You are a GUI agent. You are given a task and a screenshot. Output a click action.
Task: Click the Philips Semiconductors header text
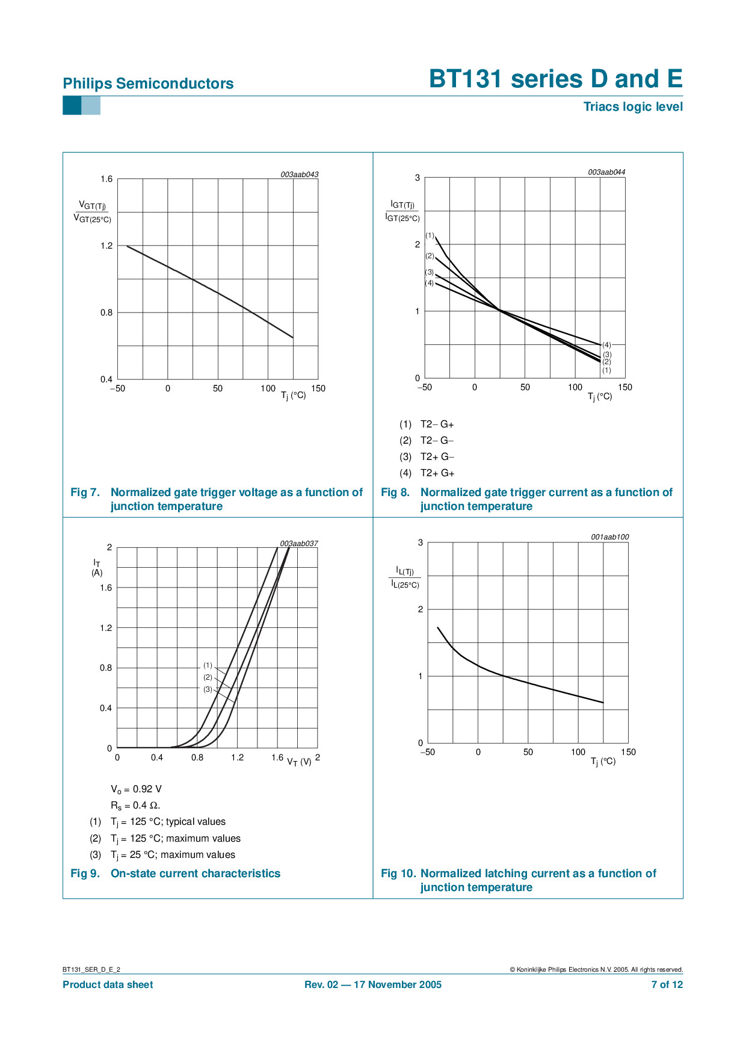point(148,84)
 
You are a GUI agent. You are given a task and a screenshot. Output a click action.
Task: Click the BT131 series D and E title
point(555,79)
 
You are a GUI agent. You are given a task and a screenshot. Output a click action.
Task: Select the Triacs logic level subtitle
point(633,107)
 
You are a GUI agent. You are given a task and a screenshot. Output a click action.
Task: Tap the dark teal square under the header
point(72,106)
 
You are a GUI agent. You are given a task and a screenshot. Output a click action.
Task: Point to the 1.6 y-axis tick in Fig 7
point(106,179)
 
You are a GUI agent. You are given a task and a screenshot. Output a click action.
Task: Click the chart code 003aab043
point(299,175)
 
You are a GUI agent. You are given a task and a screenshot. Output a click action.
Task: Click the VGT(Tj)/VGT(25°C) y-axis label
point(93,212)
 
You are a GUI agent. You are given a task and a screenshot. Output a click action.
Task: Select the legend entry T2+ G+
point(437,473)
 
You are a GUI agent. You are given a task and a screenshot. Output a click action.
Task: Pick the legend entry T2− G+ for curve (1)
point(437,424)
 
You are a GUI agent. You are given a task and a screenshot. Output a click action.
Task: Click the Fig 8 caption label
point(395,492)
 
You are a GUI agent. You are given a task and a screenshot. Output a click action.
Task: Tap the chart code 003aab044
point(606,172)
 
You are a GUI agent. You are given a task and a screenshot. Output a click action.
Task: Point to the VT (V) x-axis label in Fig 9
point(299,762)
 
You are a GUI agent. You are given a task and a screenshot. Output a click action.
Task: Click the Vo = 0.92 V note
point(136,789)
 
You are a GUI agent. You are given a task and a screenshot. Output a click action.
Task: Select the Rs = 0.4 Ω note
point(135,806)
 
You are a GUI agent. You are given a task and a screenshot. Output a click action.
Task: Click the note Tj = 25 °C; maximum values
point(173,855)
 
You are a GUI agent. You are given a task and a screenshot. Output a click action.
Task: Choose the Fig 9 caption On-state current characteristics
point(196,874)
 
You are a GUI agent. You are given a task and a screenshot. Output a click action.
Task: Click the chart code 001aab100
point(609,537)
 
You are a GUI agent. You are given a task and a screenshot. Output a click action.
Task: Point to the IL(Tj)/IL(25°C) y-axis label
point(405,577)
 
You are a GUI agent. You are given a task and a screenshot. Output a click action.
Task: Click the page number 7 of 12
point(667,984)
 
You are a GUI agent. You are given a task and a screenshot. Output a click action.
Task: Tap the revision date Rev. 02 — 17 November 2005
point(373,984)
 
